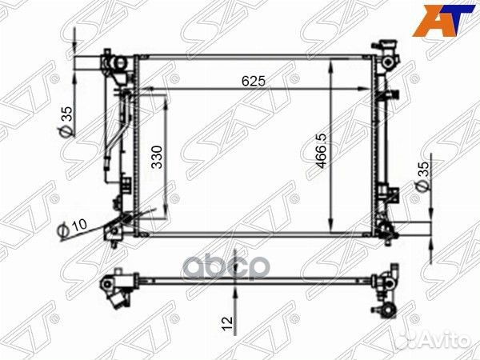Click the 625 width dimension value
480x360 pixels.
253,81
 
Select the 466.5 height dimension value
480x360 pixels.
322,151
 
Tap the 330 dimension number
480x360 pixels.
158,157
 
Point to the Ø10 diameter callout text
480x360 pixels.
72,228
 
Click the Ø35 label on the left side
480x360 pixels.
66,122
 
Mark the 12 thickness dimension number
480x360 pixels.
227,324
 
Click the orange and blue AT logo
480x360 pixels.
443,20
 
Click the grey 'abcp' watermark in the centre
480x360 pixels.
226,268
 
